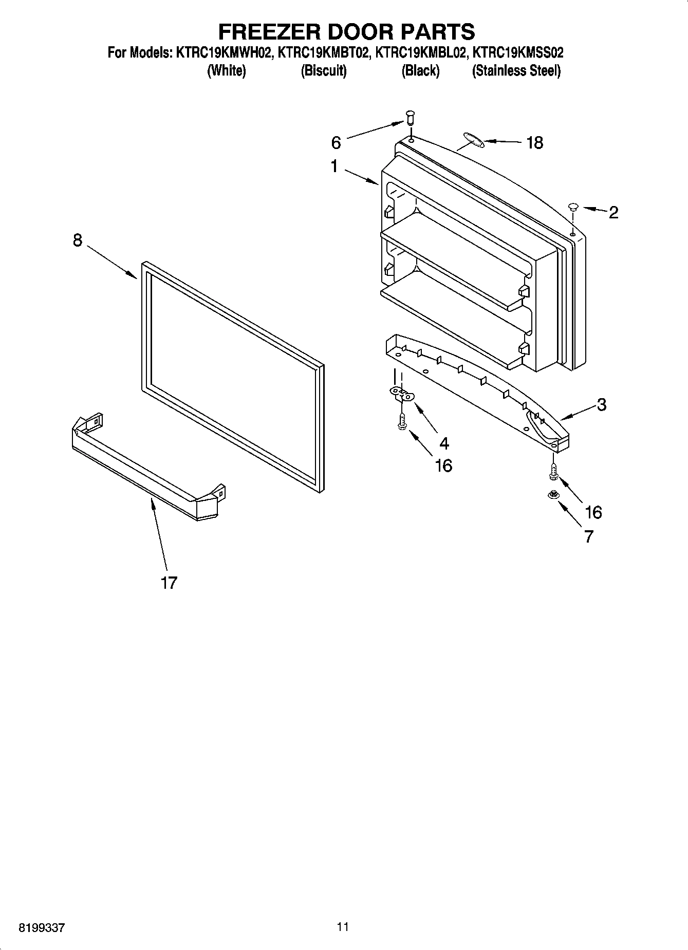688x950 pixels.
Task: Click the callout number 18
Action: click(534, 143)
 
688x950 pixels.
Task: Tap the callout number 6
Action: click(336, 142)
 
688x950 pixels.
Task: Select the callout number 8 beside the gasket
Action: click(78, 240)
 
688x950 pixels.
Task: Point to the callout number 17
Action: click(169, 583)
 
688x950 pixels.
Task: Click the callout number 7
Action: click(589, 536)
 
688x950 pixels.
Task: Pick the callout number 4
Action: click(444, 443)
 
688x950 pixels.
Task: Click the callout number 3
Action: click(602, 404)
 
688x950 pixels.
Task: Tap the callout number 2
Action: click(613, 212)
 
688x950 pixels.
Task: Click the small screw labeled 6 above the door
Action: click(410, 118)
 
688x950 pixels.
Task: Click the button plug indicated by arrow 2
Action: click(573, 207)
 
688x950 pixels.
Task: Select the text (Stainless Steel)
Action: click(516, 71)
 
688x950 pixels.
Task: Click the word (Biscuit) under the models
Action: click(324, 71)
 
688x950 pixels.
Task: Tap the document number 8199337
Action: click(42, 928)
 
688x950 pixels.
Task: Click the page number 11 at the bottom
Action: click(343, 927)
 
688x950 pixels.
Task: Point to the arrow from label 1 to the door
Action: click(361, 176)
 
